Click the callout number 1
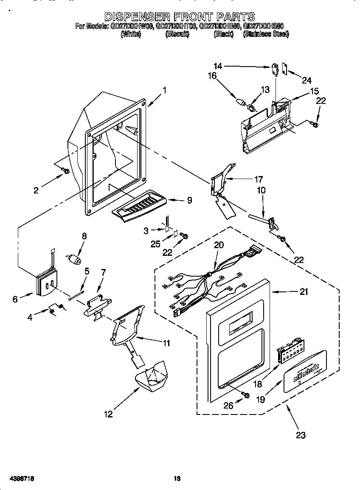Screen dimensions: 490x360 164,90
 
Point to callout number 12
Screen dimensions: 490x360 108,414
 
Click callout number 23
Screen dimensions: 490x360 301,435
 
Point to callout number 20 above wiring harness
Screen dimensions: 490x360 219,245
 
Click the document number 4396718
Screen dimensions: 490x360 17,479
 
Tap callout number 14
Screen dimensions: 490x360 218,66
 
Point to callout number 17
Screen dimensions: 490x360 258,179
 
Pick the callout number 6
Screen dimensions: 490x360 15,299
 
